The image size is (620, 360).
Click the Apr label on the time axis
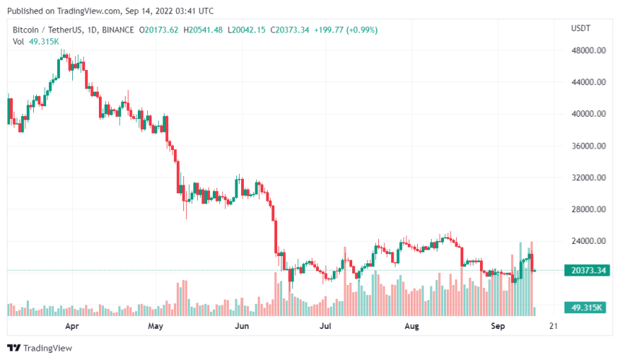coord(72,326)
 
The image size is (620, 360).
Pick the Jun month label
coord(243,326)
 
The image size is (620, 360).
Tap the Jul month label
coord(326,326)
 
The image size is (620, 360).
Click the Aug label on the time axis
coord(411,326)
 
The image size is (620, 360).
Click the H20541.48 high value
coord(204,30)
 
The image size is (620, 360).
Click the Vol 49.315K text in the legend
coord(36,42)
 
